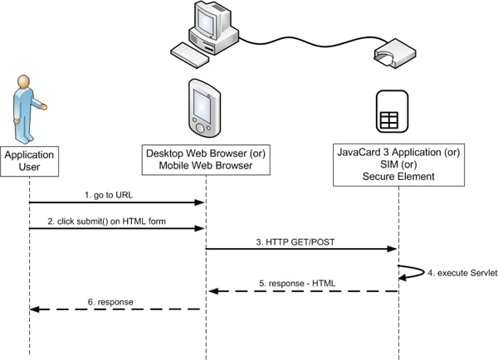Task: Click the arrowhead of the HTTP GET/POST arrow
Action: pyautogui.click(x=393, y=248)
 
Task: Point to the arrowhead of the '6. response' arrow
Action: pyautogui.click(x=34, y=309)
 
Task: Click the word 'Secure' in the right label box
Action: pyautogui.click(x=380, y=177)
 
